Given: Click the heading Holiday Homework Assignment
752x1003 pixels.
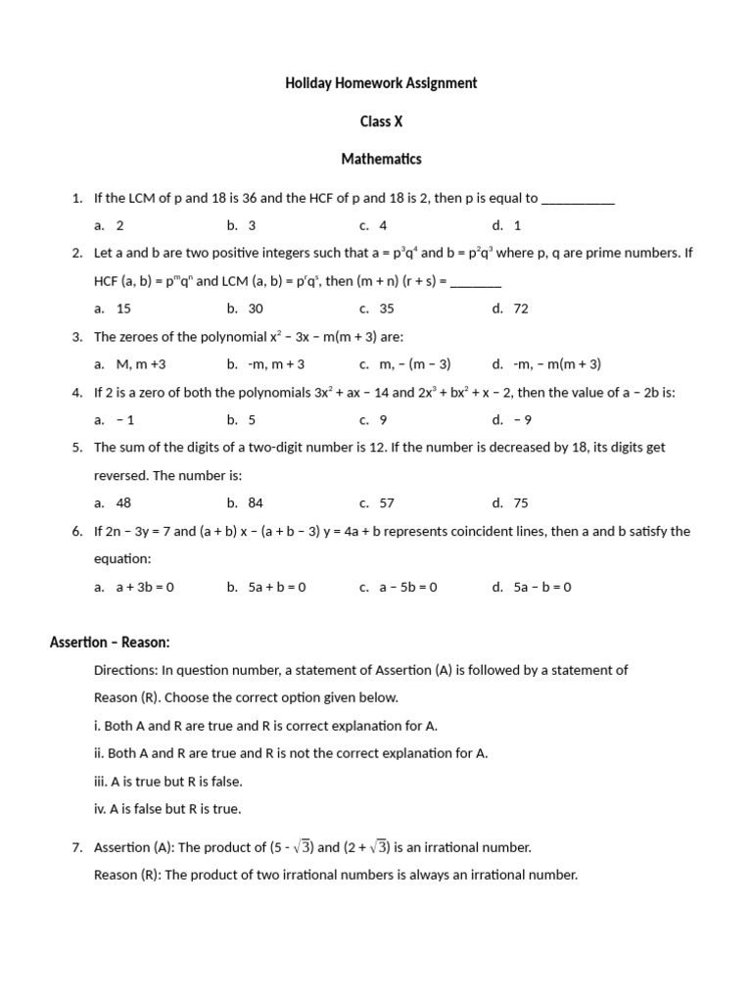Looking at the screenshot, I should pos(381,83).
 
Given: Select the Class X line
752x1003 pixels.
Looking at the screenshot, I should pos(381,121).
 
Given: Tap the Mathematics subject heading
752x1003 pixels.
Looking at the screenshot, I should pos(381,159).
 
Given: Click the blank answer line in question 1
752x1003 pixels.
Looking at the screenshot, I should pos(578,199).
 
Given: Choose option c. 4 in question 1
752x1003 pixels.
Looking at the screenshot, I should pos(374,225).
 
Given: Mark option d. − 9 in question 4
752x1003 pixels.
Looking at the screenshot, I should pos(512,420).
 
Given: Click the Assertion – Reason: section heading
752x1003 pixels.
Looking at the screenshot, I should pos(110,643).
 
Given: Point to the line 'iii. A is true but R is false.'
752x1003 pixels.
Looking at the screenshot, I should pos(167,782).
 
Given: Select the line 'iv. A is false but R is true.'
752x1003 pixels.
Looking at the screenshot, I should pos(166,809).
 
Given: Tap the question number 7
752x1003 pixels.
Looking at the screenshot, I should pos(77,848).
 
